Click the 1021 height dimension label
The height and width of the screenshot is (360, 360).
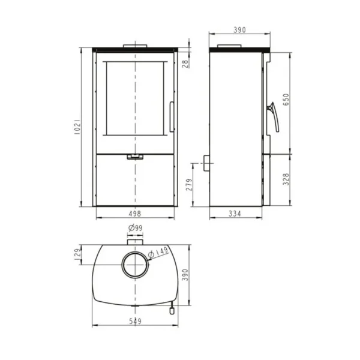pos(78,127)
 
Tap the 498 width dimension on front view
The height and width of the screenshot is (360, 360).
pos(135,214)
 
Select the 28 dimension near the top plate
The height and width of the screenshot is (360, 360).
pos(185,64)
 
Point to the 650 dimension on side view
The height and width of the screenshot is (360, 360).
pos(286,100)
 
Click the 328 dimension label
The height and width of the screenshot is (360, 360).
pos(286,179)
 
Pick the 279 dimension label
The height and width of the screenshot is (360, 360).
pos(189,185)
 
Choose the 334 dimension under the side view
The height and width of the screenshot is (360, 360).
pos(235,214)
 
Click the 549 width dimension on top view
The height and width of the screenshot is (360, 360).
pos(135,321)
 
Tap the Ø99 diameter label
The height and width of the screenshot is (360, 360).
pos(136,228)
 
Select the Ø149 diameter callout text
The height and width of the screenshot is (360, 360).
pos(158,252)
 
